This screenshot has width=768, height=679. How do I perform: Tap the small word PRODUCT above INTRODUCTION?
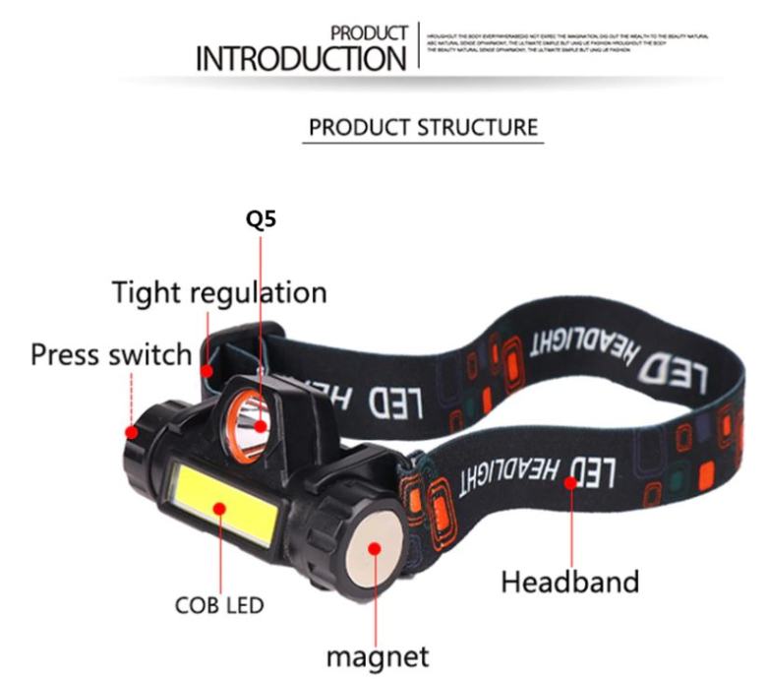pyautogui.click(x=369, y=33)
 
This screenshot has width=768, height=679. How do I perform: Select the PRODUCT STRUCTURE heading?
pyautogui.click(x=423, y=128)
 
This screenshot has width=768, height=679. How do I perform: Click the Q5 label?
pyautogui.click(x=261, y=219)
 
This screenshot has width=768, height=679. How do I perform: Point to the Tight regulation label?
pyautogui.click(x=218, y=292)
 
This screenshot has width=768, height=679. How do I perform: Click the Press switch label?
pyautogui.click(x=110, y=354)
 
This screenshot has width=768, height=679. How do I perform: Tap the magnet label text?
pyautogui.click(x=378, y=655)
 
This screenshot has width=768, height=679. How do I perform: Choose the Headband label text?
pyautogui.click(x=570, y=582)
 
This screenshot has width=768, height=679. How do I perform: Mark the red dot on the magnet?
pyautogui.click(x=375, y=548)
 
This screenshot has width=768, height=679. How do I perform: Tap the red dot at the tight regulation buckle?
pyautogui.click(x=207, y=371)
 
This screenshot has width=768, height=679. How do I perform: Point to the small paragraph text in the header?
pyautogui.click(x=568, y=42)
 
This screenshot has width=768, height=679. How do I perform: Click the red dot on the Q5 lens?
pyautogui.click(x=261, y=426)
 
